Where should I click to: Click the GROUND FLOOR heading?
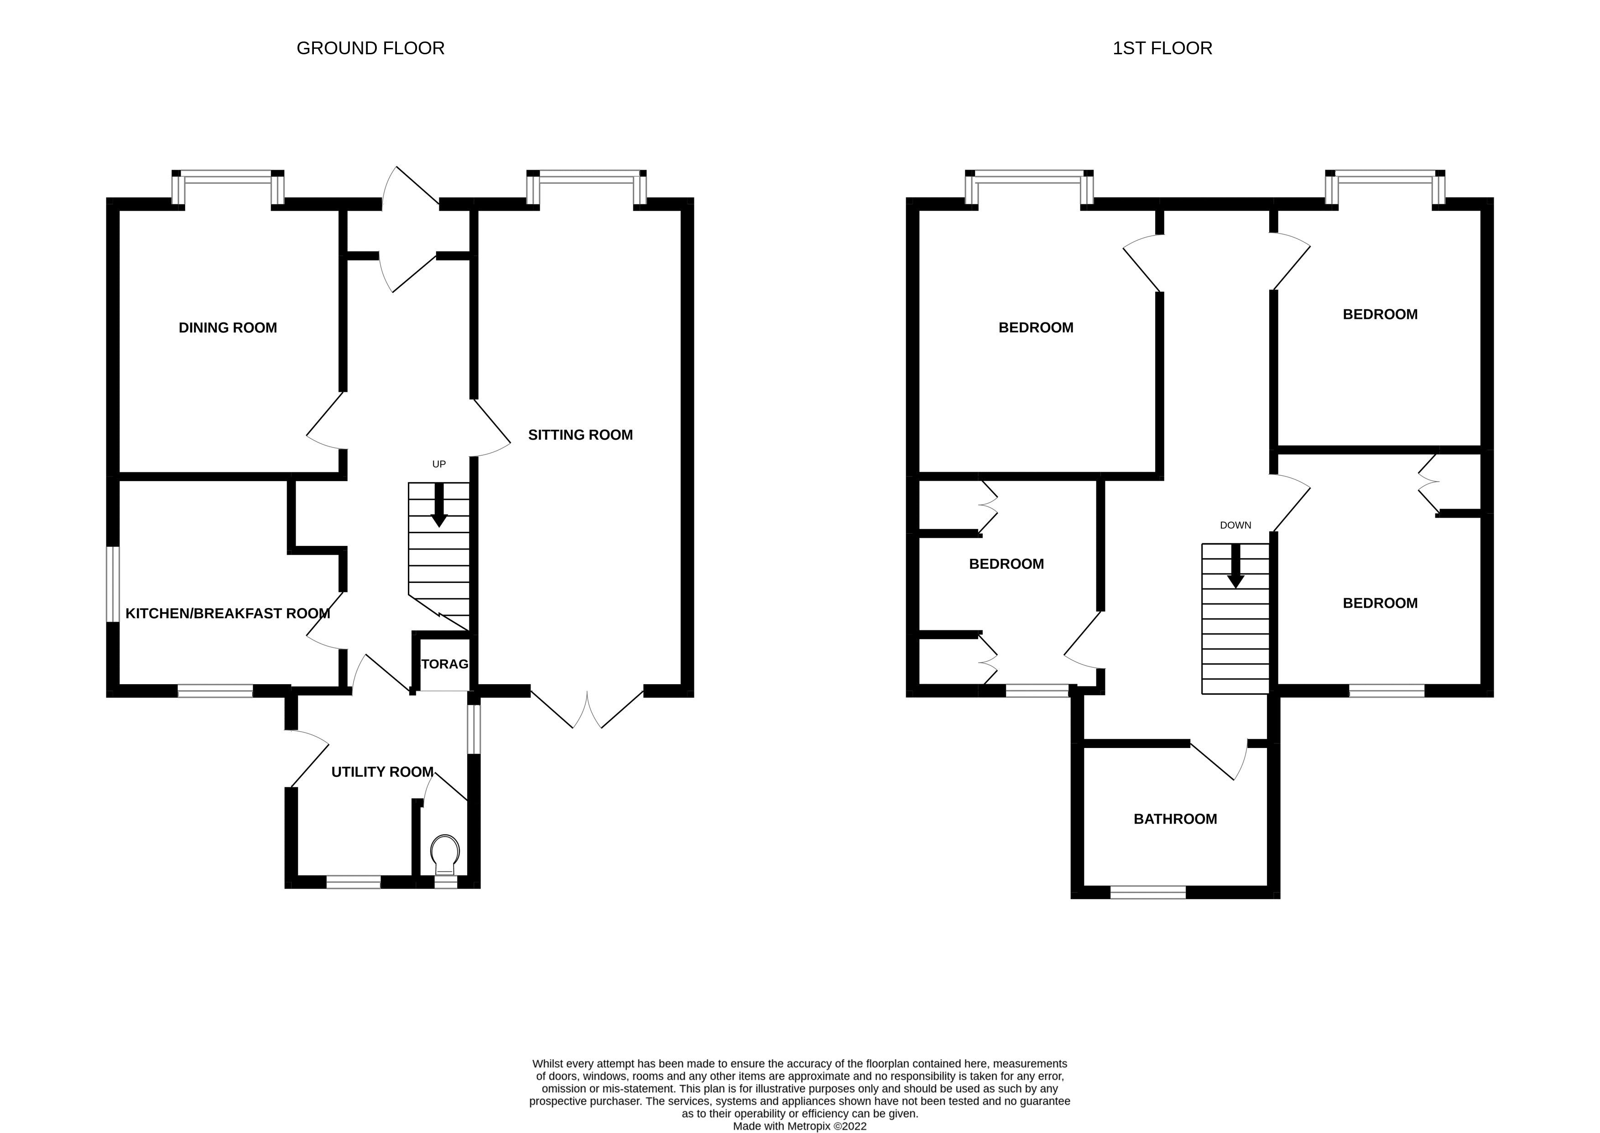(x=370, y=48)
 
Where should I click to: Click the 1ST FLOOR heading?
(x=1162, y=48)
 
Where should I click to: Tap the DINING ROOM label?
(x=228, y=328)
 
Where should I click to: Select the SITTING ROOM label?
(x=580, y=435)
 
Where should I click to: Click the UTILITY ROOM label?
(x=382, y=772)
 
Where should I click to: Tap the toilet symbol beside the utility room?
(x=445, y=855)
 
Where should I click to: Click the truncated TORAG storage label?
(x=444, y=664)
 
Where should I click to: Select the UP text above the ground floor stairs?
(x=439, y=464)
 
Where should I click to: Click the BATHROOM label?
(x=1175, y=819)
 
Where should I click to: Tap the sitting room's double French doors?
(x=587, y=708)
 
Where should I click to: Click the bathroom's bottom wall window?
(x=1148, y=892)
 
